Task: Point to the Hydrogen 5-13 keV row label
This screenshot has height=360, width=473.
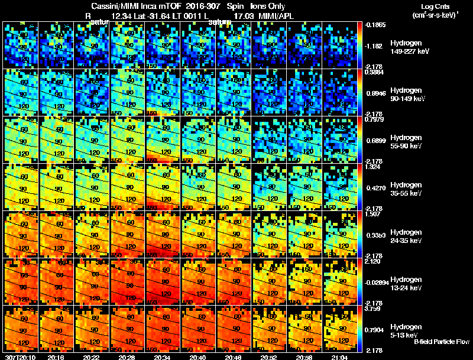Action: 406,330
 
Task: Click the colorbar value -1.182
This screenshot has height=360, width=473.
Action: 375,46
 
